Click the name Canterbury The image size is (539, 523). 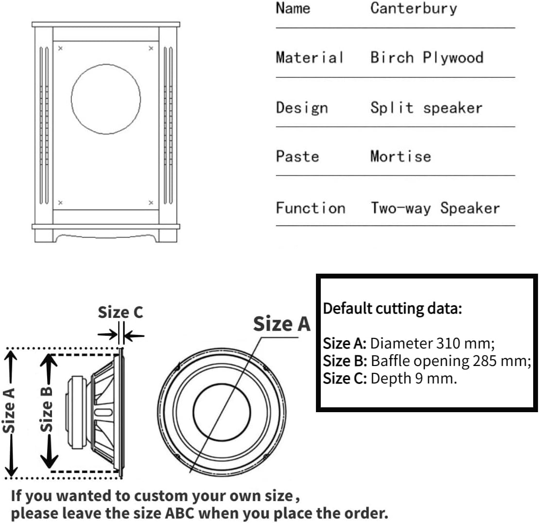413,8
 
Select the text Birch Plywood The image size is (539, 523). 426,57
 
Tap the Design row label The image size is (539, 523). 301,107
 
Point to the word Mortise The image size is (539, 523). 400,156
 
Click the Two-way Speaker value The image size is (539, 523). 435,208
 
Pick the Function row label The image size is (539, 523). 310,208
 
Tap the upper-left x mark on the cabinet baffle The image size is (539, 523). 60,48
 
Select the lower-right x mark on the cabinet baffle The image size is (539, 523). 151,202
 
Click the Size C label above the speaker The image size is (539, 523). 121,313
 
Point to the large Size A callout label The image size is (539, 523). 281,324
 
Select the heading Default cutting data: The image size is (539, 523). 392,308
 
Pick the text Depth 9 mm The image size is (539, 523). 413,378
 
